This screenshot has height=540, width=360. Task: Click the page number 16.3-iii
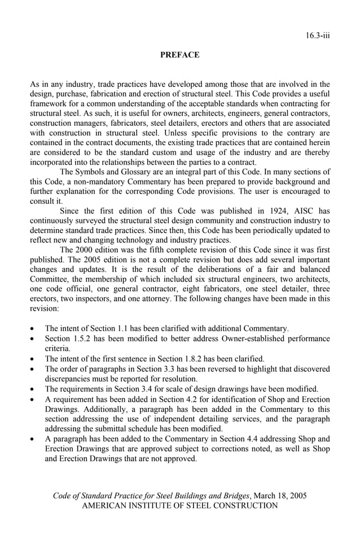point(318,36)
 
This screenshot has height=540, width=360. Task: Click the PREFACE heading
point(179,55)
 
